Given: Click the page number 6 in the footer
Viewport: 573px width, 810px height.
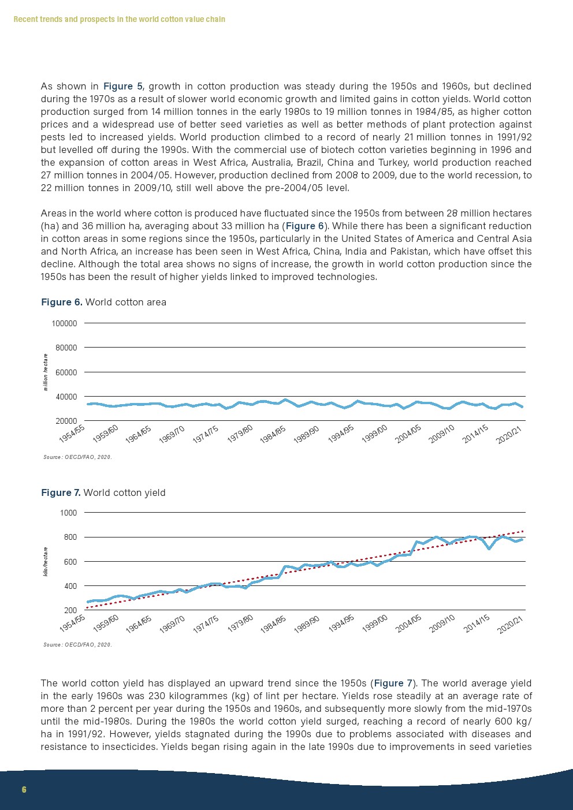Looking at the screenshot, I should pyautogui.click(x=24, y=789).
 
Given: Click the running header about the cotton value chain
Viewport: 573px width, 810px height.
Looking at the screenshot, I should pyautogui.click(x=119, y=19).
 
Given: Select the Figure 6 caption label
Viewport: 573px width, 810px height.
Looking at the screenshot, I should pyautogui.click(x=61, y=302).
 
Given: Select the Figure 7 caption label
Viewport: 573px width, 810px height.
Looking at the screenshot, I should pyautogui.click(x=61, y=492).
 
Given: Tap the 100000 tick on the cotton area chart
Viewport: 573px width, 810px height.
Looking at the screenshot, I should pyautogui.click(x=64, y=323).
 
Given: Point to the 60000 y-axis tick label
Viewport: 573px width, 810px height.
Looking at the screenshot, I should pyautogui.click(x=66, y=372).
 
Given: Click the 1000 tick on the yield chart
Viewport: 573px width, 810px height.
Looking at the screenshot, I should pyautogui.click(x=68, y=513).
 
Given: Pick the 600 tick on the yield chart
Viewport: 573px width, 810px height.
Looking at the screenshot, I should pyautogui.click(x=70, y=562).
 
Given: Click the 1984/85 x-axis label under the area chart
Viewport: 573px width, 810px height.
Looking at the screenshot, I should pyautogui.click(x=273, y=434).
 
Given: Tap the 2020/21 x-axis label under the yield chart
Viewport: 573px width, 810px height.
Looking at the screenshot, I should pyautogui.click(x=511, y=624).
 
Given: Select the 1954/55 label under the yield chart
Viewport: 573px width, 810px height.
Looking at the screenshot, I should pyautogui.click(x=72, y=624).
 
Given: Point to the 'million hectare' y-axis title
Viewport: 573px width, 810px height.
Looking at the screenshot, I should pyautogui.click(x=46, y=372).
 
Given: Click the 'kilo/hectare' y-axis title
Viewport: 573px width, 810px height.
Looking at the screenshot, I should pyautogui.click(x=46, y=562).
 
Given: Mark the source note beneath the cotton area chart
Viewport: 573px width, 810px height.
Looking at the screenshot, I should pyautogui.click(x=77, y=457).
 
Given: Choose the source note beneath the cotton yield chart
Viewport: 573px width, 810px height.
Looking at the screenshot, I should pyautogui.click(x=77, y=645).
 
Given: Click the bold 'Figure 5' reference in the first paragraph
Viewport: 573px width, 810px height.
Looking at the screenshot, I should pyautogui.click(x=122, y=86).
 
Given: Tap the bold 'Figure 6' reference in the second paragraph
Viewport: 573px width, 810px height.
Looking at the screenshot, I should pyautogui.click(x=305, y=226).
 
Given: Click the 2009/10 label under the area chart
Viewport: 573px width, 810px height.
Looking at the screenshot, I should pyautogui.click(x=442, y=434).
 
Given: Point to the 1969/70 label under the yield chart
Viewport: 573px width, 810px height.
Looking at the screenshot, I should pyautogui.click(x=172, y=624).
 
